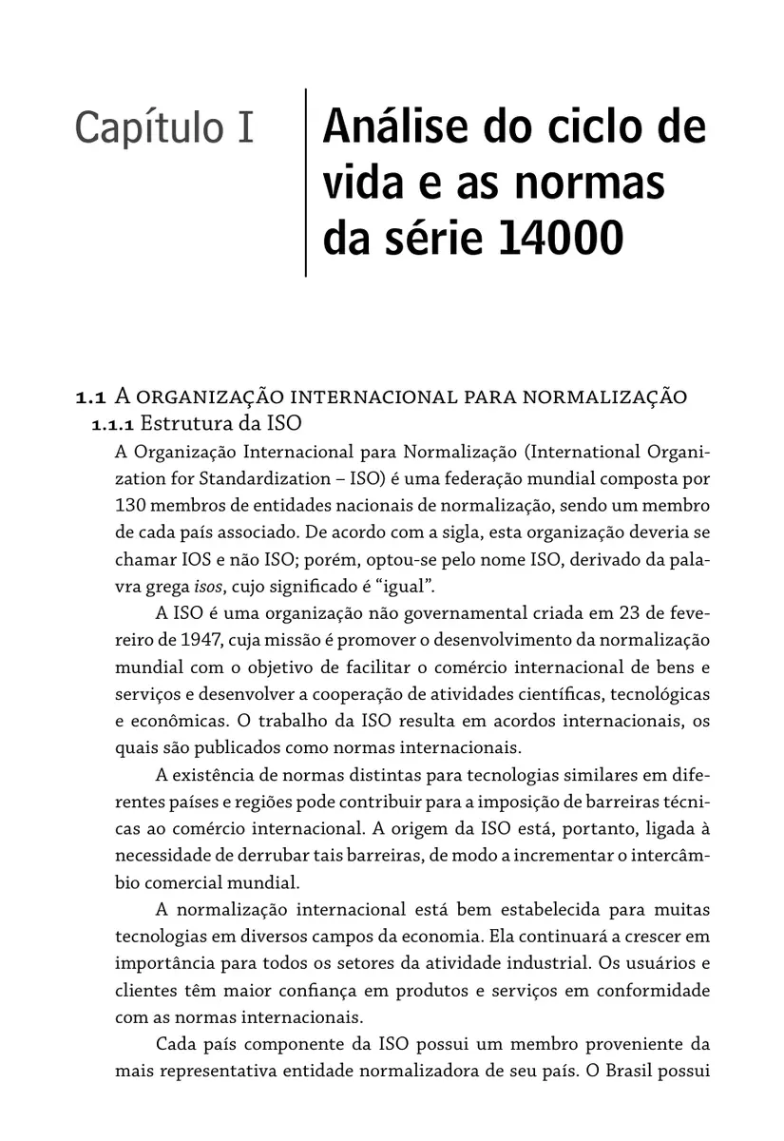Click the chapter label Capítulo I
(x=163, y=128)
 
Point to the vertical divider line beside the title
(x=306, y=183)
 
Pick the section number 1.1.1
(x=114, y=421)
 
